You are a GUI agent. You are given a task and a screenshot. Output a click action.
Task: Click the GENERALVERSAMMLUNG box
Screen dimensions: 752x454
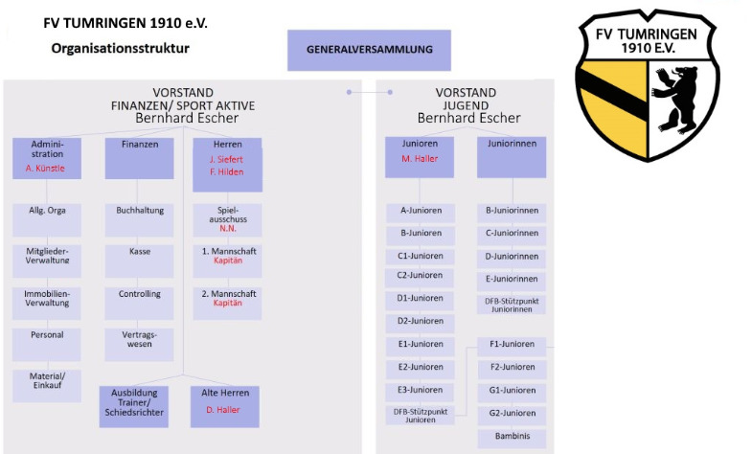pyautogui.click(x=369, y=50)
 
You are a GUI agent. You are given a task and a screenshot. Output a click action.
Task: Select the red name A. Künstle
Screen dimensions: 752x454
pyautogui.click(x=45, y=169)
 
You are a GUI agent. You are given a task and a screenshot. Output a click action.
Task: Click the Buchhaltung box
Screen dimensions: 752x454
pyautogui.click(x=139, y=220)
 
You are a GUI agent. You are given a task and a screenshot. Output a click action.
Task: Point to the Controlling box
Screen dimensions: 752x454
pyautogui.click(x=139, y=304)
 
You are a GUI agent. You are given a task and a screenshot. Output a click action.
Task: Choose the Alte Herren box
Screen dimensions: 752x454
pyautogui.click(x=225, y=406)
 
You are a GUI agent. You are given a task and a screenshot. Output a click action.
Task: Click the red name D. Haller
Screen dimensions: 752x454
pyautogui.click(x=223, y=410)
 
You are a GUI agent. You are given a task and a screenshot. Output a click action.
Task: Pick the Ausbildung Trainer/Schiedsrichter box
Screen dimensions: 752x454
pyautogui.click(x=134, y=406)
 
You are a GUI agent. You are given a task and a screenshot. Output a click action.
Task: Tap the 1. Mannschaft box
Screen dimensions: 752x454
pyautogui.click(x=227, y=261)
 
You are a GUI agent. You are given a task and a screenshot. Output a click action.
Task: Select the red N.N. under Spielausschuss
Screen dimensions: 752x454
pyautogui.click(x=228, y=229)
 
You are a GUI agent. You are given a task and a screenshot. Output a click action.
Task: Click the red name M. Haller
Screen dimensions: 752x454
pyautogui.click(x=420, y=159)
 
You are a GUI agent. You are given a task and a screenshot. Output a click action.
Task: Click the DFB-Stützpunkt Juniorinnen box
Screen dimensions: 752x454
pyautogui.click(x=512, y=306)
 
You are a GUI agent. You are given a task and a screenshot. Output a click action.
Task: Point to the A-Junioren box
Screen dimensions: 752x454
pyautogui.click(x=421, y=214)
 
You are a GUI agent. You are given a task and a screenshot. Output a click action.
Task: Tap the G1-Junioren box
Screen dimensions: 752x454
pyautogui.click(x=512, y=393)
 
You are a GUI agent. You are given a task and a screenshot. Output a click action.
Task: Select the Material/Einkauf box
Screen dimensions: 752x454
pyautogui.click(x=47, y=386)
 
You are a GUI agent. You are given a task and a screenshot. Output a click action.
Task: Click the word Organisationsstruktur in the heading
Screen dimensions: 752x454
pyautogui.click(x=121, y=49)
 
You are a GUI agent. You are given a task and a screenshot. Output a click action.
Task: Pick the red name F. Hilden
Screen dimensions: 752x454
pyautogui.click(x=226, y=172)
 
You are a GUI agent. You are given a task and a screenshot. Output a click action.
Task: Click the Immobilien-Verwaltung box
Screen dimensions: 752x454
pyautogui.click(x=47, y=304)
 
